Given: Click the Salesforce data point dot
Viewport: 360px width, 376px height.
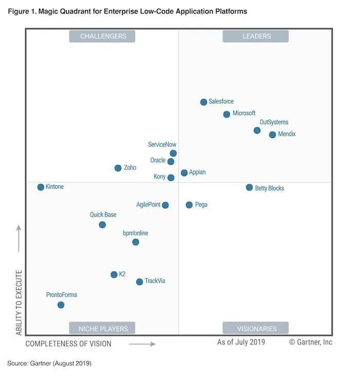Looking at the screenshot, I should click(x=204, y=102).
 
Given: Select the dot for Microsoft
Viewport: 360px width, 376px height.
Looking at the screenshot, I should click(x=227, y=114).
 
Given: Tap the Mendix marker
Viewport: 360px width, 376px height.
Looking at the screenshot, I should click(x=273, y=135).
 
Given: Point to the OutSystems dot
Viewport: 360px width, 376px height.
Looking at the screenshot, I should click(x=257, y=130).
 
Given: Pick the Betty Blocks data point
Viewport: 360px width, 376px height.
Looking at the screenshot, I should click(x=249, y=188).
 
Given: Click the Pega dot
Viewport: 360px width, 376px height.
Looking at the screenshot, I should click(x=189, y=205).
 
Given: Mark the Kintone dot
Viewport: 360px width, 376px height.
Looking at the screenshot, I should click(x=41, y=187).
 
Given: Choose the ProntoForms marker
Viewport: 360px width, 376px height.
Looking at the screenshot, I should click(x=61, y=305).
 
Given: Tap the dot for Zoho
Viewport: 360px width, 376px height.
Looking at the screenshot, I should click(x=118, y=168).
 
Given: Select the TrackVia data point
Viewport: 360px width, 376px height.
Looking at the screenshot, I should click(x=139, y=282).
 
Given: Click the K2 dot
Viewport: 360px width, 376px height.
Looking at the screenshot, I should click(x=114, y=275).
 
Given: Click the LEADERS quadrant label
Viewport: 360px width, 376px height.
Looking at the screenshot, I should click(x=256, y=36).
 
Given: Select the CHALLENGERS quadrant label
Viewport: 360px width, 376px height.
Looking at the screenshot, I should click(x=102, y=36).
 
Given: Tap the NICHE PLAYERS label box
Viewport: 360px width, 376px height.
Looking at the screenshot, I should click(x=102, y=328).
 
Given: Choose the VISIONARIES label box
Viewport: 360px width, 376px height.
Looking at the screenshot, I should click(x=256, y=328).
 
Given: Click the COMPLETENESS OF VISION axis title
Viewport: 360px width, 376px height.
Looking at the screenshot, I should click(x=68, y=344).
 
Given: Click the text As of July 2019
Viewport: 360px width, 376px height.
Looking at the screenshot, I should click(x=241, y=342).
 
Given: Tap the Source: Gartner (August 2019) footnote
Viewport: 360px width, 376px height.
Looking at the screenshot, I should click(x=49, y=364).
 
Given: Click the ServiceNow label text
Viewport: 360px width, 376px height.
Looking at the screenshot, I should click(x=162, y=145).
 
